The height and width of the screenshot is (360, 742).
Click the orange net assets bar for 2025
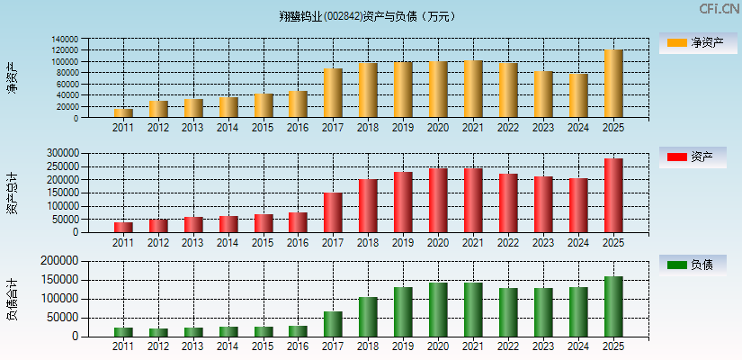click(x=613, y=84)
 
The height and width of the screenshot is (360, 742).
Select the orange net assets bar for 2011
click(x=123, y=113)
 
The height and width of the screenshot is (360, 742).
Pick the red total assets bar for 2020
click(x=438, y=200)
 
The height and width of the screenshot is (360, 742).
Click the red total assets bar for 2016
click(x=298, y=222)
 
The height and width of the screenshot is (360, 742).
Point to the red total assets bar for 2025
click(x=613, y=195)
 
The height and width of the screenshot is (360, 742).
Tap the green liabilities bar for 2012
click(x=158, y=332)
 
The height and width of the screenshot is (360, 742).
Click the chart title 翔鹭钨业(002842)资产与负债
click(x=368, y=16)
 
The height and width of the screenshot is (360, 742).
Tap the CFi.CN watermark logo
click(x=719, y=9)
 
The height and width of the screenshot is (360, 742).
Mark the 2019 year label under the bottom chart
click(x=403, y=346)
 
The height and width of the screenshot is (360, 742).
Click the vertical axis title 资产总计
click(x=12, y=193)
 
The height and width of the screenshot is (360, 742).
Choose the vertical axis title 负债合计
click(x=12, y=300)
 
